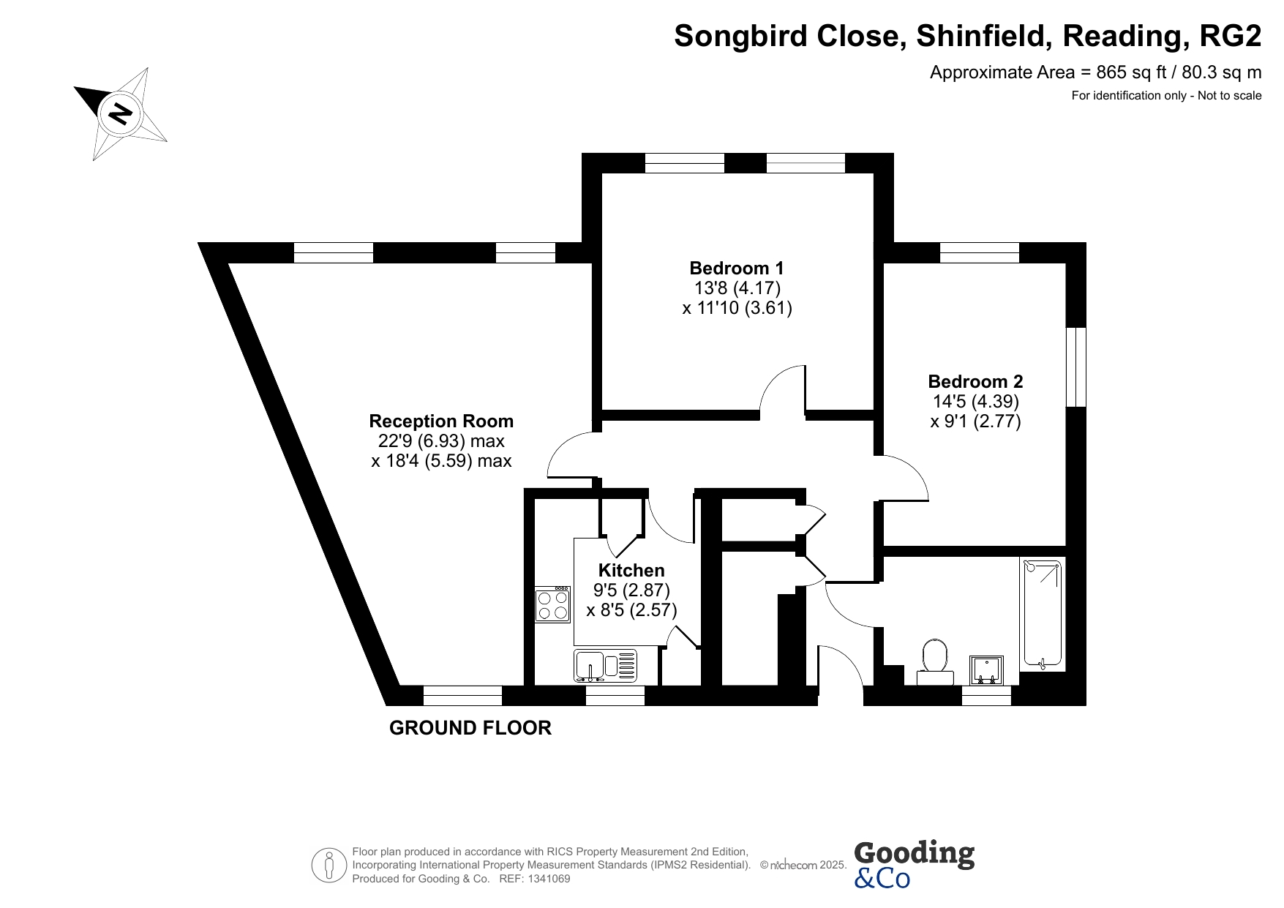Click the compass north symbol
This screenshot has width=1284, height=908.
pyautogui.click(x=121, y=114)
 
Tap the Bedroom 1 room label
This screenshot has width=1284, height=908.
pyautogui.click(x=737, y=268)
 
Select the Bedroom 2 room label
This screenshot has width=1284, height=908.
pyautogui.click(x=975, y=381)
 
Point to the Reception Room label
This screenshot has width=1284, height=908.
pyautogui.click(x=441, y=421)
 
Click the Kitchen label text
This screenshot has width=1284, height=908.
pyautogui.click(x=631, y=570)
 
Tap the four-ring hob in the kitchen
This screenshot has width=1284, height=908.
pyautogui.click(x=552, y=604)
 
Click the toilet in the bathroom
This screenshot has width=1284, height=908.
pyautogui.click(x=935, y=662)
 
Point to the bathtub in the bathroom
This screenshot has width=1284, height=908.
pyautogui.click(x=1042, y=615)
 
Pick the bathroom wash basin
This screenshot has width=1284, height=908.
pyautogui.click(x=986, y=670)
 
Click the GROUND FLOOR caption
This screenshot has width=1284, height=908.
pyautogui.click(x=470, y=728)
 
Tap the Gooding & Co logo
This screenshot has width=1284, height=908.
pyautogui.click(x=914, y=863)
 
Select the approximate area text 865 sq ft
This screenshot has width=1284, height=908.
pyautogui.click(x=1096, y=72)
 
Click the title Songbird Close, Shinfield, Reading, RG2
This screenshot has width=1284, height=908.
pyautogui.click(x=968, y=36)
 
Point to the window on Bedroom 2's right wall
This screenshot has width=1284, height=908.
pyautogui.click(x=1075, y=367)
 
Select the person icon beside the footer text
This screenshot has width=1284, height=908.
pyautogui.click(x=328, y=866)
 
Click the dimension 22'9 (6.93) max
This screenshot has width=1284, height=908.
pyautogui.click(x=441, y=441)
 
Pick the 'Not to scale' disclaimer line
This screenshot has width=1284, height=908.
pyautogui.click(x=1167, y=95)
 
